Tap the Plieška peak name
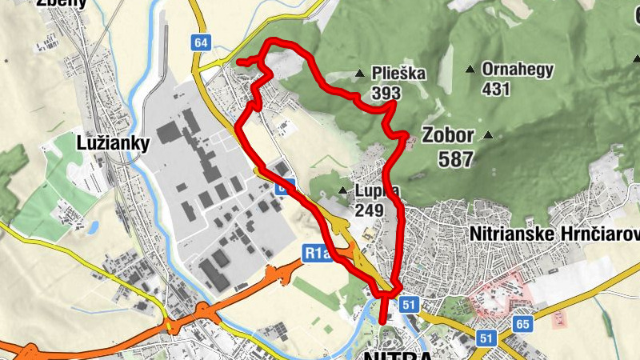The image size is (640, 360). tap(398, 74)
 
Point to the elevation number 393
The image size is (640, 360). tap(386, 94)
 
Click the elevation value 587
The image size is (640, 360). tap(455, 158)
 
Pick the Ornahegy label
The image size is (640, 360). tap(517, 69)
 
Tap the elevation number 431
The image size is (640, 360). tap(496, 88)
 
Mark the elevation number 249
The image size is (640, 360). tap(369, 210)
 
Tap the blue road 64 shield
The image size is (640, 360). tap(201, 42)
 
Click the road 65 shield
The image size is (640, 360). tap(523, 324)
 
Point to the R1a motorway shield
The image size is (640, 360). tap(317, 254)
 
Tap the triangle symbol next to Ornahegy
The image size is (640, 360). tap(470, 69)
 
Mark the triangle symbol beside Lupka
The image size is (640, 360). tap(342, 190)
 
